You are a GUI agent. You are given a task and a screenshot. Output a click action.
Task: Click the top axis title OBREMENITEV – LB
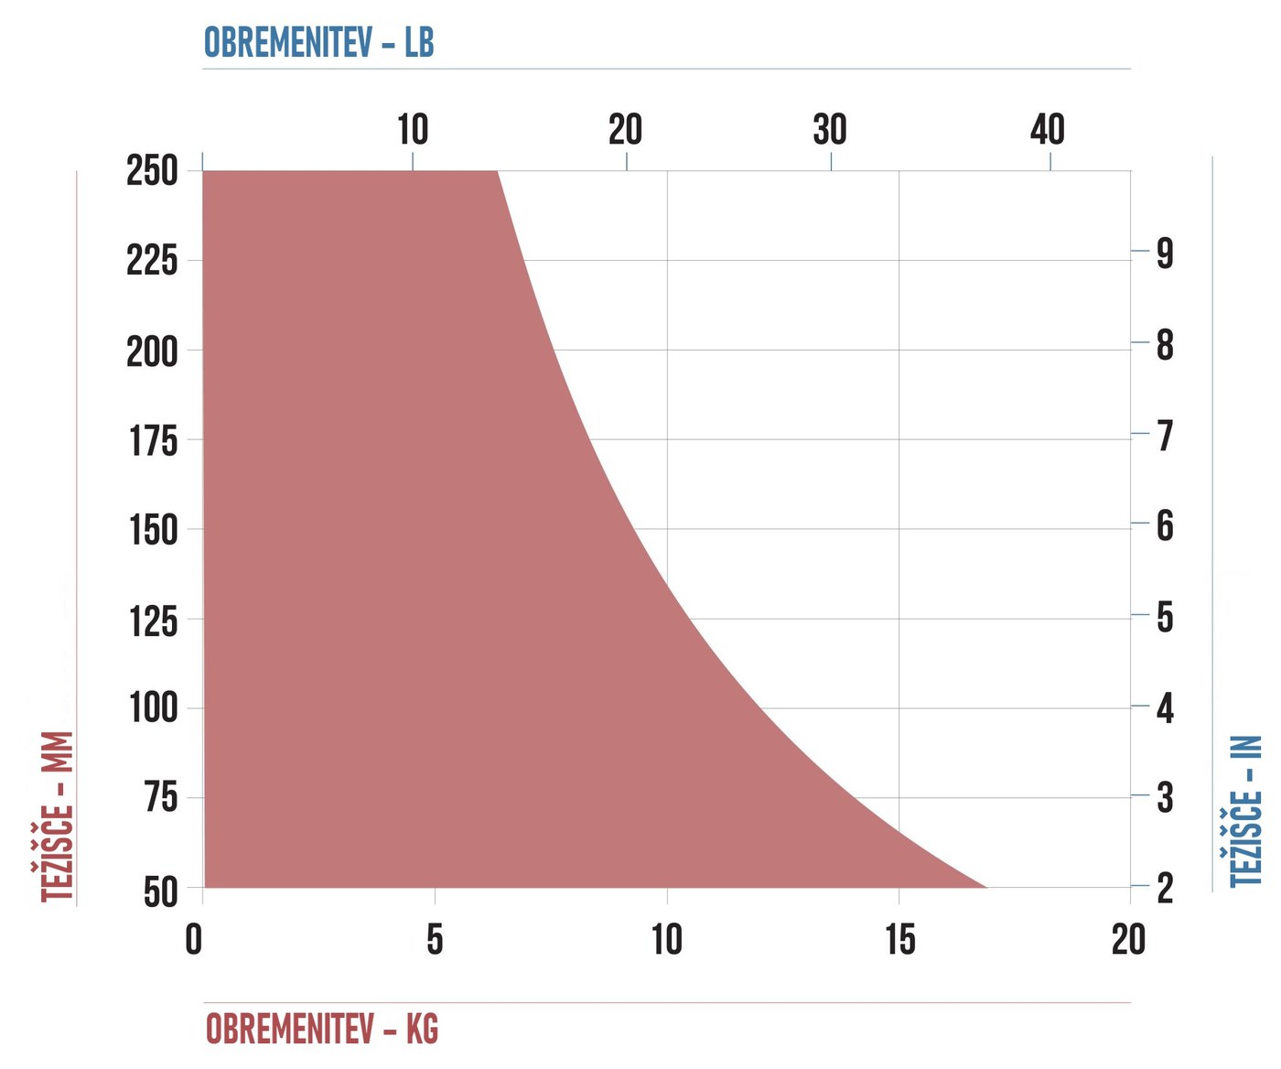click(318, 42)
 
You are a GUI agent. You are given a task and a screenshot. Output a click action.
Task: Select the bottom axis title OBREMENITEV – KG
click(322, 1029)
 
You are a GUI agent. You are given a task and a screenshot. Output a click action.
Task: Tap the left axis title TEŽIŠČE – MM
click(57, 816)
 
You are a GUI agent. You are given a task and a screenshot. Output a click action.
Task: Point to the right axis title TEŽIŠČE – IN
click(1246, 811)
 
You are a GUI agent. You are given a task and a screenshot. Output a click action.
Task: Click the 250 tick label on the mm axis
click(152, 170)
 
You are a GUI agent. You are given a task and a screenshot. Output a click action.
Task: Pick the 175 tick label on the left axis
click(154, 440)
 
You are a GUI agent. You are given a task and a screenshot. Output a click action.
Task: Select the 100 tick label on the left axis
click(154, 707)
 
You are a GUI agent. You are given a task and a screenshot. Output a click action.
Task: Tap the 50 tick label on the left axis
click(161, 892)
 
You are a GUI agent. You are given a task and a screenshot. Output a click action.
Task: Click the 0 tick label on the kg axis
click(194, 940)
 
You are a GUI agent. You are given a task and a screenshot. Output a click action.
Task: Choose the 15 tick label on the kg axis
click(900, 940)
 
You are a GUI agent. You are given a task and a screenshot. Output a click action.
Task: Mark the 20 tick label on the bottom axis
click(1129, 940)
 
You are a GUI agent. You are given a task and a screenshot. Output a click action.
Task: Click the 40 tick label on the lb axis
click(1048, 129)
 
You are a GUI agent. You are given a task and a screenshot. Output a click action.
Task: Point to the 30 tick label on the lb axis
click(830, 129)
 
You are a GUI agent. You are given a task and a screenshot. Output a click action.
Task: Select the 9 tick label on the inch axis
click(1165, 253)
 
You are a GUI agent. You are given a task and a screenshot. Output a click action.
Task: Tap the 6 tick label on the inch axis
click(1165, 526)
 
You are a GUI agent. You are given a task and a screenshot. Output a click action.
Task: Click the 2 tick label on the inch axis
click(1165, 888)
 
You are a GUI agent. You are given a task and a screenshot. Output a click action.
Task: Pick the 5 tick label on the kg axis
click(435, 940)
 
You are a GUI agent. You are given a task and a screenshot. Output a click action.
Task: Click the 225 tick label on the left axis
click(152, 262)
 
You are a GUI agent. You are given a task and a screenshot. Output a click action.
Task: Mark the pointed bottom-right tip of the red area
click(985, 887)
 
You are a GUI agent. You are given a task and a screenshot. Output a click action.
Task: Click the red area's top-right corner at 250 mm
click(497, 171)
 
